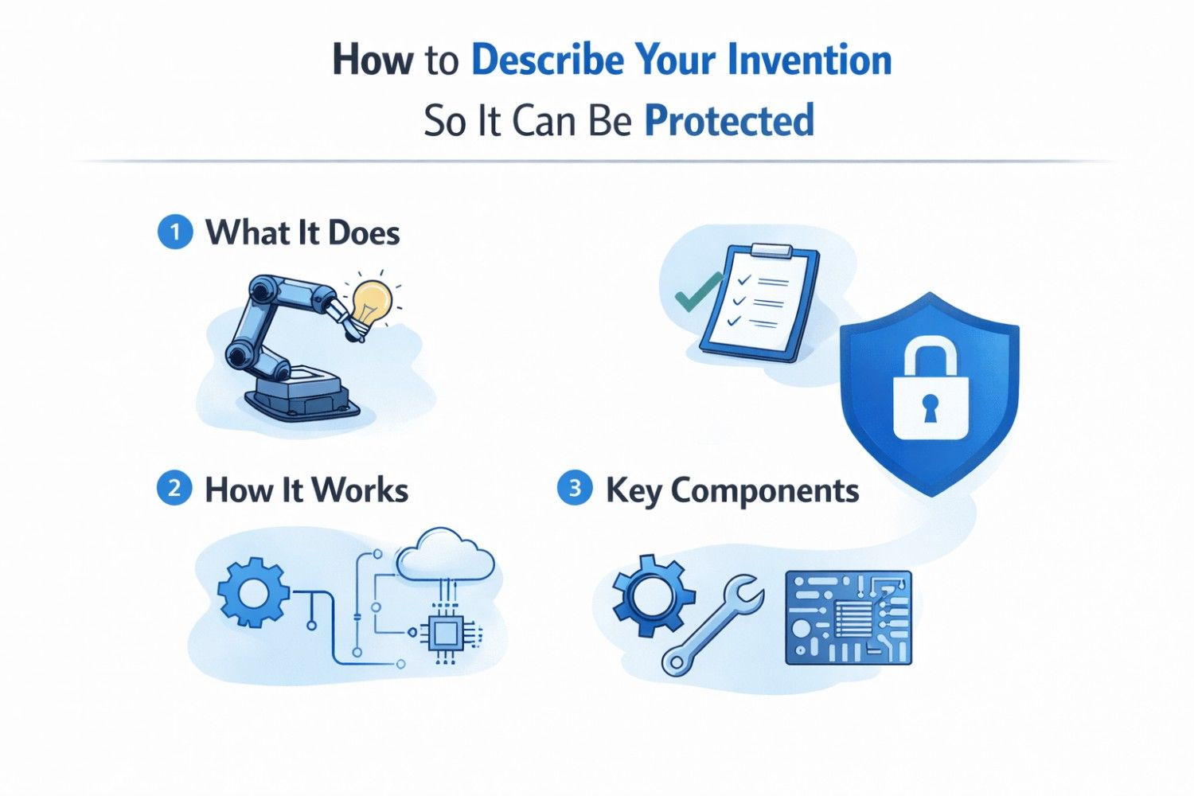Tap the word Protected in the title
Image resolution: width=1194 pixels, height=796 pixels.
tap(728, 121)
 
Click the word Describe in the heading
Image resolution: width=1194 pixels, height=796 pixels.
tap(547, 60)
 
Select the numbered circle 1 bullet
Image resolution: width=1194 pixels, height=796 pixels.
tap(174, 233)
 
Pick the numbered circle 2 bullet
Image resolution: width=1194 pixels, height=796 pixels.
tap(174, 488)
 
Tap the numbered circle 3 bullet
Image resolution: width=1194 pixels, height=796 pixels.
tap(575, 488)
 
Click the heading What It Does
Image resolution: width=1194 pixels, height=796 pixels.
tap(302, 233)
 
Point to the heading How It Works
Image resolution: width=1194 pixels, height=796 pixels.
tap(306, 490)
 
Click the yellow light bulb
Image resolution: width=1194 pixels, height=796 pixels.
tap(372, 303)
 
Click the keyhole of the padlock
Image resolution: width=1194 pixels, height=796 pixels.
tap(930, 408)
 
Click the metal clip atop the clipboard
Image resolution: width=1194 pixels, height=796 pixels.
tap(771, 252)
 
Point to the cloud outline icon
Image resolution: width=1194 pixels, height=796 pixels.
tap(445, 555)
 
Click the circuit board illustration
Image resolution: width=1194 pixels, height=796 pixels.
tap(848, 618)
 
